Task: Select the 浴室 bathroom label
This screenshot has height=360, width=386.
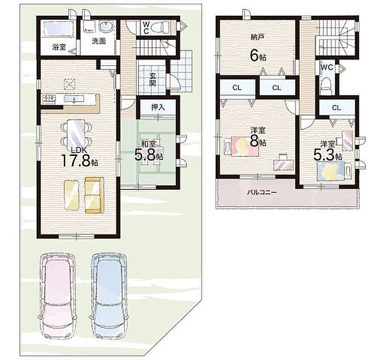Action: coord(59,47)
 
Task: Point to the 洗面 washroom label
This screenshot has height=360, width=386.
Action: coord(99,41)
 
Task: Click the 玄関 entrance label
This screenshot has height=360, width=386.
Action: coord(153,79)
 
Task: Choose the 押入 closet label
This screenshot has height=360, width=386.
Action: coord(158,107)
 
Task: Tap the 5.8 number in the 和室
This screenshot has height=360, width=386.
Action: coord(145,155)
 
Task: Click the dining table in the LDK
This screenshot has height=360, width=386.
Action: coord(76,134)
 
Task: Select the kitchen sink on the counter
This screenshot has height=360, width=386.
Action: coord(74,99)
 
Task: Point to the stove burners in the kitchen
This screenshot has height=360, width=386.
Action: coord(49,99)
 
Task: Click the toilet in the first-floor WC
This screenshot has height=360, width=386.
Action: coord(160,27)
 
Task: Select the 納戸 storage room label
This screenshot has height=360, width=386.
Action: coord(258,37)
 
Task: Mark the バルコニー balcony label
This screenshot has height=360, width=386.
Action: coord(262,192)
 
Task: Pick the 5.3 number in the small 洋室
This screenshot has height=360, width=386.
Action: coord(324,155)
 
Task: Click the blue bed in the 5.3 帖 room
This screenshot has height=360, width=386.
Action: coord(330,171)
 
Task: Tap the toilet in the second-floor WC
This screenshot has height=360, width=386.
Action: coord(326,84)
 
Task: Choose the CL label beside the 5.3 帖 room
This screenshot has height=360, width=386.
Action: coord(336,108)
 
